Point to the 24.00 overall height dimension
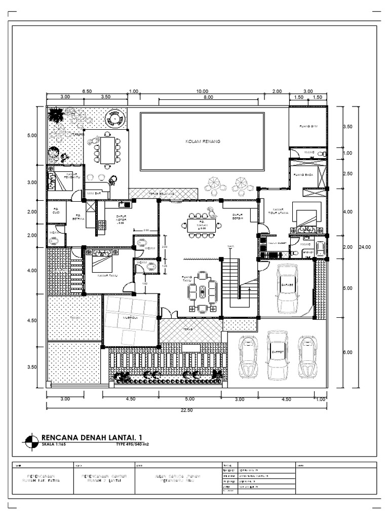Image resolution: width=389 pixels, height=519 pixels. tap(365, 247)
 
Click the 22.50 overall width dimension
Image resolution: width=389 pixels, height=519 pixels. tap(187, 411)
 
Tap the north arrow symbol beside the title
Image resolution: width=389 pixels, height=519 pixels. tap(31, 440)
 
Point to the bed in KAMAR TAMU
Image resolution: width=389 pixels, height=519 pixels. tap(102, 263)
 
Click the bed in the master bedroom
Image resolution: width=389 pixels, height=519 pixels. tap(306, 217)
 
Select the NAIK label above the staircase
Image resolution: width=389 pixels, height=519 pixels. tap(231, 246)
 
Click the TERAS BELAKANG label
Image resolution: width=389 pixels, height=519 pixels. tap(162, 193)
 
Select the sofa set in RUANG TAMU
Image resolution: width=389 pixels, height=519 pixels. tap(202, 292)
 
